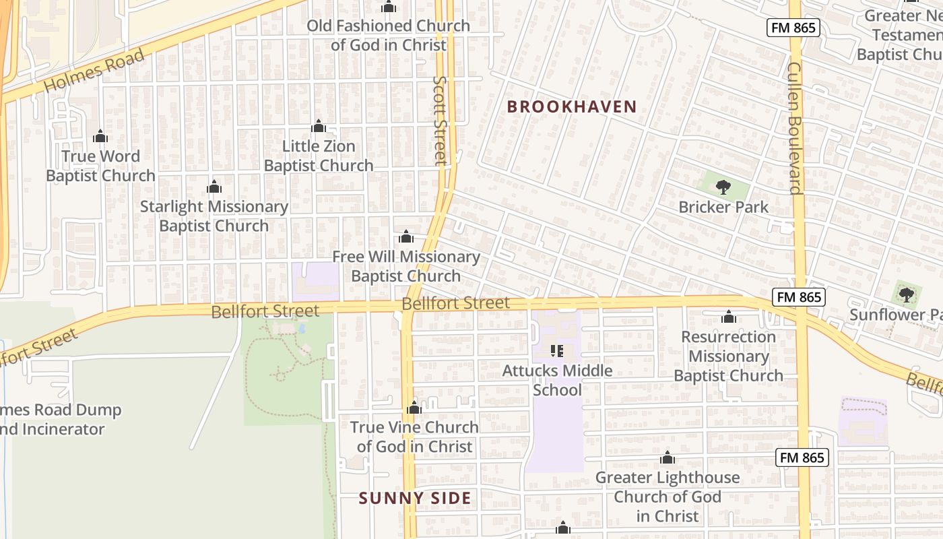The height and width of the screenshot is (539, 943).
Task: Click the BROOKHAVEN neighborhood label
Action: [571, 106]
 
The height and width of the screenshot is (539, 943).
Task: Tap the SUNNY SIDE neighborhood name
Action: [414, 498]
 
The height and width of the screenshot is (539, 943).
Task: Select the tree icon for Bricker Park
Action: [723, 187]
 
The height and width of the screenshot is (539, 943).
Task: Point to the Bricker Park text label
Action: [723, 207]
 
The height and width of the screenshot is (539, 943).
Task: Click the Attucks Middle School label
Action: [557, 380]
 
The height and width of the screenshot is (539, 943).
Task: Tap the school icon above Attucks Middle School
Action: [557, 350]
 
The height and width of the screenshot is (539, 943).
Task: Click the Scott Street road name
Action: [441, 120]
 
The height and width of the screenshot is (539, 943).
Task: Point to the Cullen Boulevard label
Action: [795, 128]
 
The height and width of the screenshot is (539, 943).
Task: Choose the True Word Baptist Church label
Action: [100, 166]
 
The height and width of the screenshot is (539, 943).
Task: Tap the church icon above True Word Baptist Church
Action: [100, 137]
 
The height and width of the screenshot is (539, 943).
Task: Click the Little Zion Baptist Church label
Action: [319, 156]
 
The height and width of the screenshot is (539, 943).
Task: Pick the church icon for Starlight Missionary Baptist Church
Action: [214, 187]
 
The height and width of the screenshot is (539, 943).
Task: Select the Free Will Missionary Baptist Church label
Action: [406, 266]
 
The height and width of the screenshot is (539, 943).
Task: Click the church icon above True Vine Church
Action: [414, 408]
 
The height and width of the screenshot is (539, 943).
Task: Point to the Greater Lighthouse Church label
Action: [668, 497]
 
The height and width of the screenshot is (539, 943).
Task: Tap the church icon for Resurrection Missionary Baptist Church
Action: [729, 317]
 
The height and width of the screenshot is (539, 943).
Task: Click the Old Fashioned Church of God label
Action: [388, 35]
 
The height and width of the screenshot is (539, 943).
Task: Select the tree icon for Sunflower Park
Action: [907, 294]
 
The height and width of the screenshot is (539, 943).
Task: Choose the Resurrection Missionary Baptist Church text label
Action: [729, 356]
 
